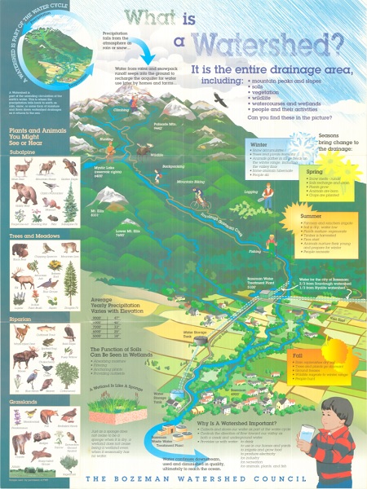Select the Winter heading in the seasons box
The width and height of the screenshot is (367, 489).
pos(259,143)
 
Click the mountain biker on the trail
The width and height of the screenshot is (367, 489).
pos(198,199)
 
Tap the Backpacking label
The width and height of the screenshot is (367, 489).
pos(173,167)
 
